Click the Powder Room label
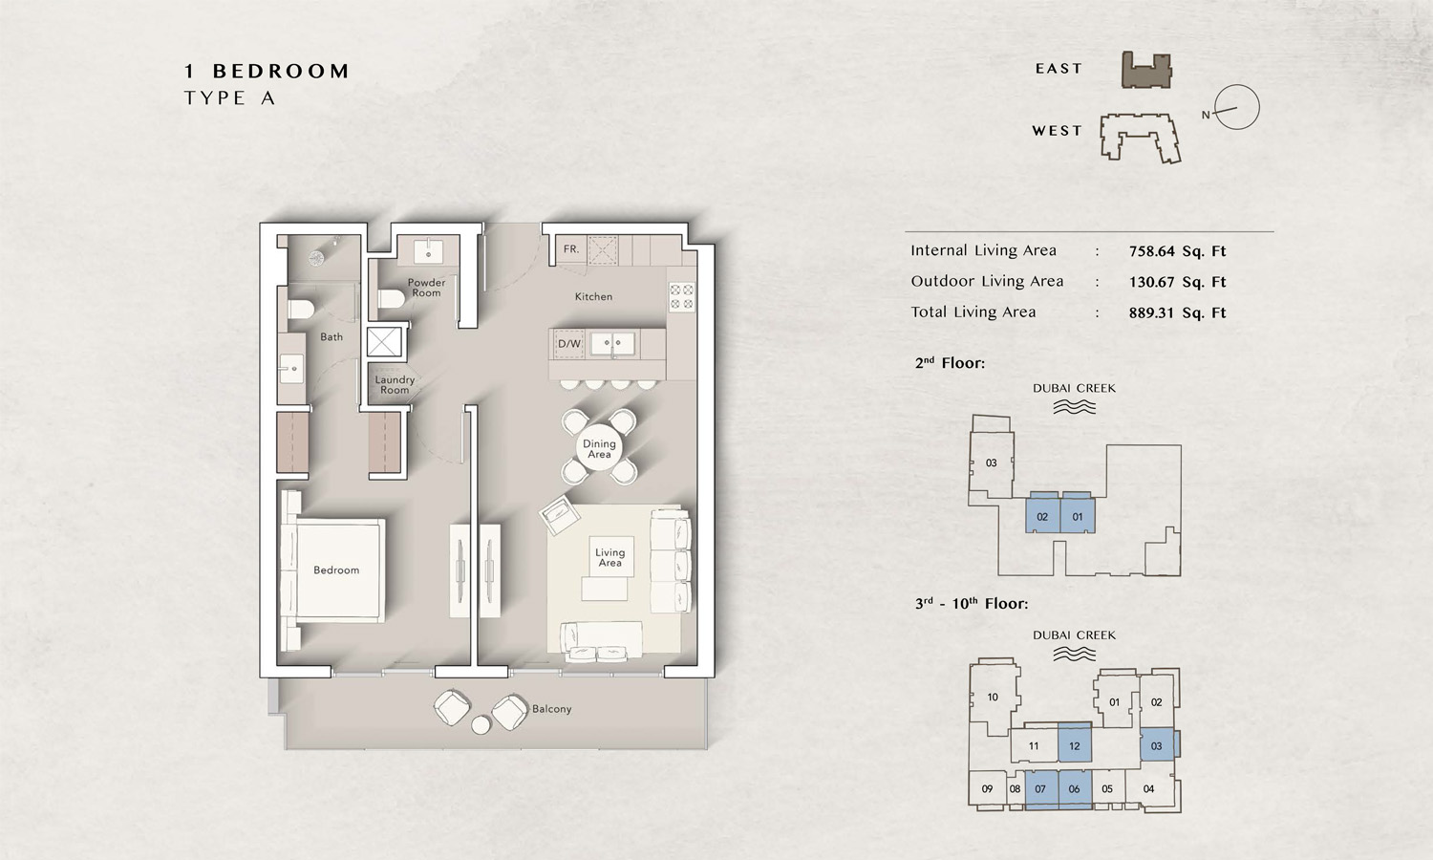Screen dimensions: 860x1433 pos(426,288)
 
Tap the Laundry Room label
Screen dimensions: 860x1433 pos(395,385)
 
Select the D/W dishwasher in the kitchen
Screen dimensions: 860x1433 pos(569,344)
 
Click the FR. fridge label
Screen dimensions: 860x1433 pos(571,249)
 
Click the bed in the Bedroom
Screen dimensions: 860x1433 pos(336,570)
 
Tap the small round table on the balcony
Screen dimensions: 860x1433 pos(481,725)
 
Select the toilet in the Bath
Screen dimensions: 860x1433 pos(301,309)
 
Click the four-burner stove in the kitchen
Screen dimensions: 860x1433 pos(681,297)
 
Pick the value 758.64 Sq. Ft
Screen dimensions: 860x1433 pos(1177,251)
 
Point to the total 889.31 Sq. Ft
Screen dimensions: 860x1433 pos(1177,312)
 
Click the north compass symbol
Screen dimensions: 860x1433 pos(1236,108)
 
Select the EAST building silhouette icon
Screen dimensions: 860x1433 pos(1146,70)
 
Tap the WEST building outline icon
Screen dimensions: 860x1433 pos(1140,138)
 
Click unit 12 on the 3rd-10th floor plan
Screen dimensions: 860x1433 pos(1075,744)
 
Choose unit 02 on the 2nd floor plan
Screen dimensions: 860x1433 pos(1042,516)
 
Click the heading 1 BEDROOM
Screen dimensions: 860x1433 pos(267,72)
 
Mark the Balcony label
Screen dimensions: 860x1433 pos(551,709)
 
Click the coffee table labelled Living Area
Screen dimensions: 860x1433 pos(610,558)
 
